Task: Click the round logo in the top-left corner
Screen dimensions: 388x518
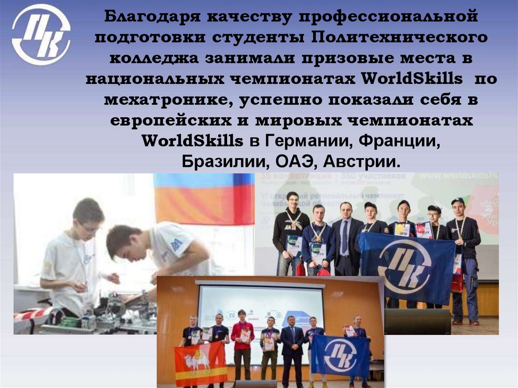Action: (x=42, y=34)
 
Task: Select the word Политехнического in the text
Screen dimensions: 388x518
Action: (x=400, y=38)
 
